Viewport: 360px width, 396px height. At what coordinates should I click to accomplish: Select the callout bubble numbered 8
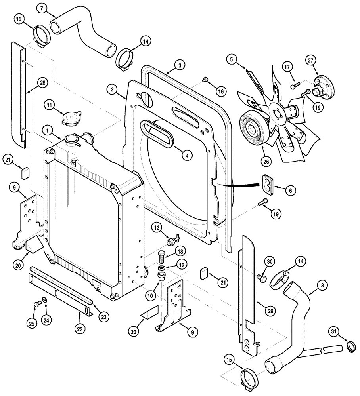coord(322,284)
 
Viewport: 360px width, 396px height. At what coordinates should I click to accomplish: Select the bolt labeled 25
coord(37,304)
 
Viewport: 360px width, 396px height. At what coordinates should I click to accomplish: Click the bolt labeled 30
coord(261,278)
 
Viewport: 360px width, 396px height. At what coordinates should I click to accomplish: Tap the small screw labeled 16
coord(206,80)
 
